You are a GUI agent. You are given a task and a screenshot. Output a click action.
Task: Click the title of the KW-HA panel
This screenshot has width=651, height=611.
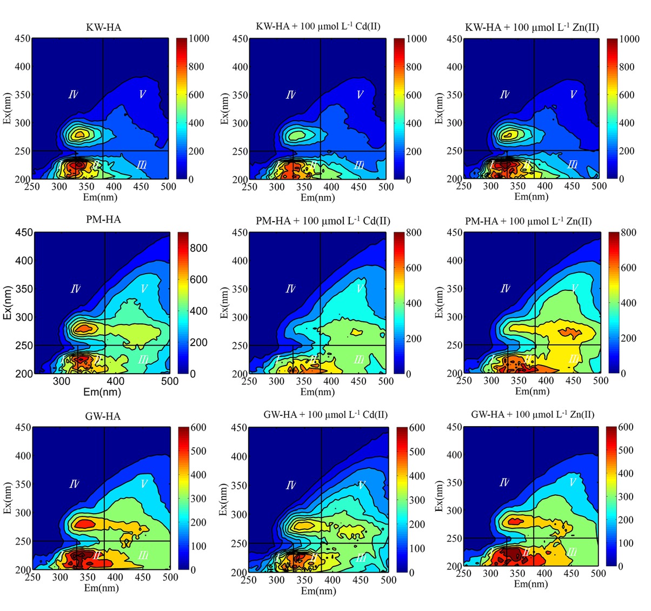tap(103, 27)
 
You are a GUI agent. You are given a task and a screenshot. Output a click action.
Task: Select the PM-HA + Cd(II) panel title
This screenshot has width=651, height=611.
tap(323, 221)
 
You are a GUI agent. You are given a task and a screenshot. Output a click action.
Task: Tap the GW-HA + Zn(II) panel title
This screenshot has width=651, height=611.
tap(533, 415)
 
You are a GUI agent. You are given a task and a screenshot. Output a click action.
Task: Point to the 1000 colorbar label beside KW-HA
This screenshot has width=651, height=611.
tap(198, 39)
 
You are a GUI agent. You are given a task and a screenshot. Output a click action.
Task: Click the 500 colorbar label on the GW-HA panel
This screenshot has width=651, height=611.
tap(198, 451)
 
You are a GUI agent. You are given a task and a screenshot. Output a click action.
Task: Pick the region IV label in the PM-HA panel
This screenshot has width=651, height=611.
tap(76, 289)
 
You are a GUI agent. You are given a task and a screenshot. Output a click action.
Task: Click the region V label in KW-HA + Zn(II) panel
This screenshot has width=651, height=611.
tap(573, 95)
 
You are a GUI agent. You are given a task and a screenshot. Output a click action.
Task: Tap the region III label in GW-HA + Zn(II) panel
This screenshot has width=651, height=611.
tap(572, 552)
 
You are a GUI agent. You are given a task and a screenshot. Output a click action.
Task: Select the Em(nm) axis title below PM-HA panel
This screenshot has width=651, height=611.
tap(102, 391)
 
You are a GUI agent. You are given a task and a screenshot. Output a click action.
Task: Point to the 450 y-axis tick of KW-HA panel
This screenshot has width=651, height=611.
tap(22, 39)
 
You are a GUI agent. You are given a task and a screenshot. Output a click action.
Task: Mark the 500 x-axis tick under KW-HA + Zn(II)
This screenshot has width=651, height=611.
tap(599, 186)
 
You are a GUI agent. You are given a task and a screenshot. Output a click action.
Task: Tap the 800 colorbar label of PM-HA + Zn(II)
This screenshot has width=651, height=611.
tap(628, 233)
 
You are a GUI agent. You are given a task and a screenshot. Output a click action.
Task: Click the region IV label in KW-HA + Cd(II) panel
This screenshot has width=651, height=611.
tap(291, 95)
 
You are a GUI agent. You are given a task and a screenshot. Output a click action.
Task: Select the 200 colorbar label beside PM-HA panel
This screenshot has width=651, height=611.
tap(200, 342)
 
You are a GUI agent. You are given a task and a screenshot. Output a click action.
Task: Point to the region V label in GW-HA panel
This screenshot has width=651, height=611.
tap(144, 483)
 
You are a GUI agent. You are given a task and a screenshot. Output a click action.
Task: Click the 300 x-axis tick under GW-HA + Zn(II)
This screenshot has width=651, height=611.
tap(490, 574)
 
